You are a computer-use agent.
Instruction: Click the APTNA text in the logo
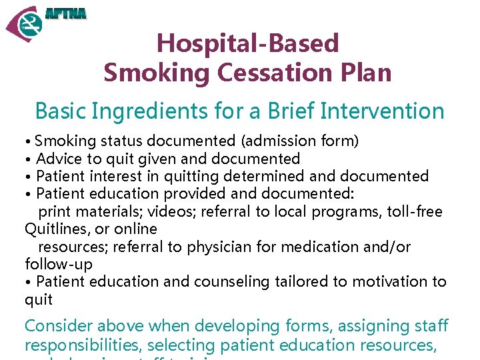pos(65,14)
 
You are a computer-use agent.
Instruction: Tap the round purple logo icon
pos(25,24)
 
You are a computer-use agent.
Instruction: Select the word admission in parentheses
pos(274,141)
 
